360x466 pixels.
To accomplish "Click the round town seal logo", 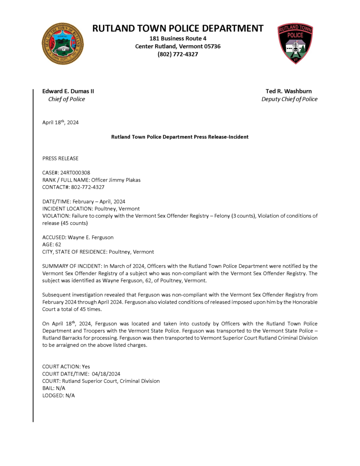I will click(x=63, y=44).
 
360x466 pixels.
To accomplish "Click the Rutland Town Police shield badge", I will click(x=295, y=43).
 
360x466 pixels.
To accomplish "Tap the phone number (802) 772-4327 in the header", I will click(x=177, y=54).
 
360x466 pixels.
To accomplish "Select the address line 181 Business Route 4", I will click(x=177, y=38).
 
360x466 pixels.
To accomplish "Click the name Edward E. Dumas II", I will click(x=68, y=91).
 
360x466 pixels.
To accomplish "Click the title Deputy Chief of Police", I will click(x=289, y=99).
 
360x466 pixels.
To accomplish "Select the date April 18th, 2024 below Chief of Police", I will click(x=61, y=122).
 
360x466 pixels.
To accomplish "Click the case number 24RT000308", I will click(x=76, y=173).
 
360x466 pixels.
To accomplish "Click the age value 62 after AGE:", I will click(x=58, y=244).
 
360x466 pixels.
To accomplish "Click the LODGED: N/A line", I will click(x=59, y=395).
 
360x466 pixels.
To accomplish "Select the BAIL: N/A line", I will click(x=54, y=388).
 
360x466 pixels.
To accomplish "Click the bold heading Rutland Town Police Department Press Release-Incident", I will click(x=180, y=137).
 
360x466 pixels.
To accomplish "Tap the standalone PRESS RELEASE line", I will click(x=61, y=158).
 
